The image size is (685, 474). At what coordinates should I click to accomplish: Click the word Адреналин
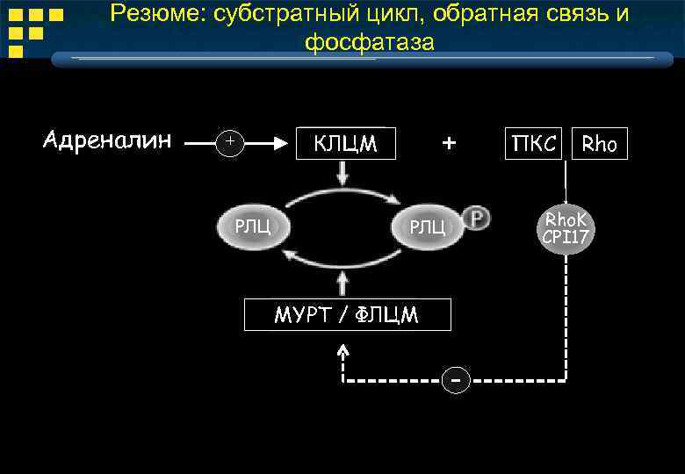pos(107,140)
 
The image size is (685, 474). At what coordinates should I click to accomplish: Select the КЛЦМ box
pos(346,144)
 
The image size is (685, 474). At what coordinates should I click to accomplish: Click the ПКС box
pos(534,144)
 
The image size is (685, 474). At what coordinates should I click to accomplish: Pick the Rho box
pos(600,144)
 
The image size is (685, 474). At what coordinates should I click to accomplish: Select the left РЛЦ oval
pos(252,226)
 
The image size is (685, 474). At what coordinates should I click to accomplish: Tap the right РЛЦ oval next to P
pos(428,226)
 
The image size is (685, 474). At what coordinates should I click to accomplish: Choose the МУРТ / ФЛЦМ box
pos(347,315)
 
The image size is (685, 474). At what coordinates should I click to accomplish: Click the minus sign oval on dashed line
pos(455,381)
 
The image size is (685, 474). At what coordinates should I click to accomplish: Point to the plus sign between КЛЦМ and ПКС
pos(449,142)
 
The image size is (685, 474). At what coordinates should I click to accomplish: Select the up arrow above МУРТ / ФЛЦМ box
pos(342,283)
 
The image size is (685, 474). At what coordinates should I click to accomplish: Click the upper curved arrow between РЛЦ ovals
pos(342,195)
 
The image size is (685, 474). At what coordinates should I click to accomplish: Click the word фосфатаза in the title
pos(370,42)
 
